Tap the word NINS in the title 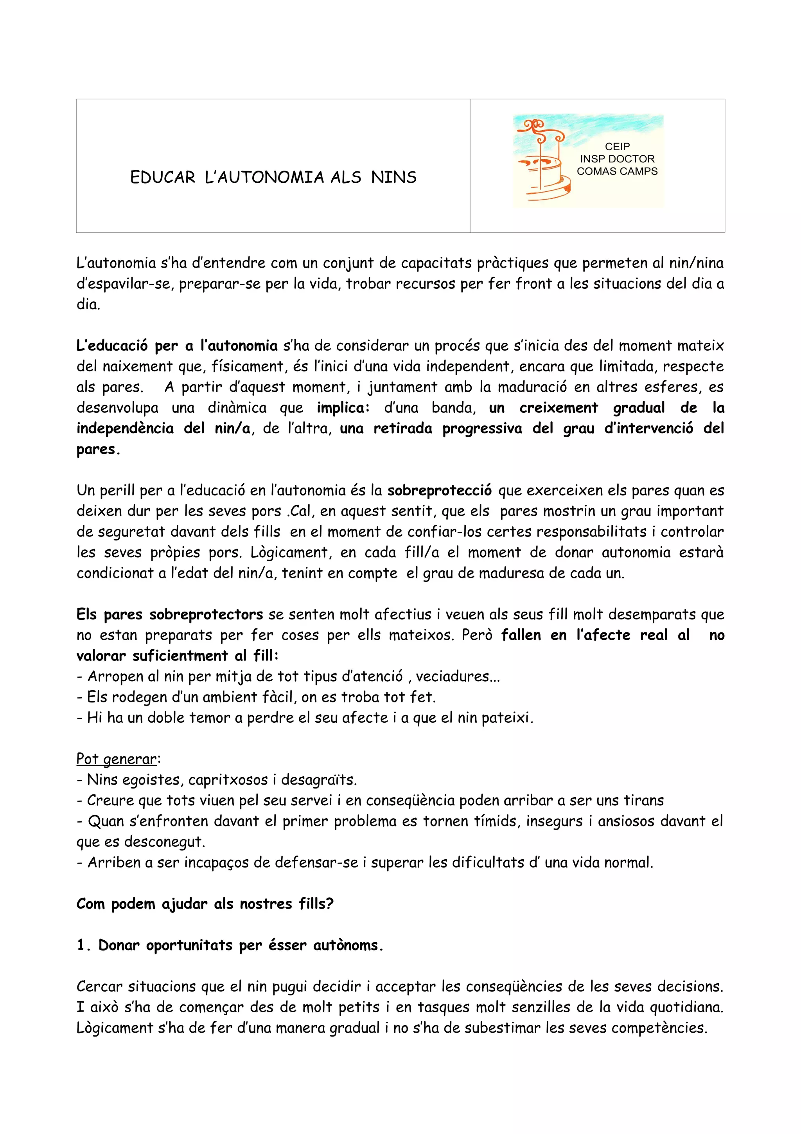(393, 177)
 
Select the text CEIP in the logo (617, 147)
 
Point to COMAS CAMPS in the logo (617, 171)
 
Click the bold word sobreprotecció (439, 490)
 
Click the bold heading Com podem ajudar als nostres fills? (205, 904)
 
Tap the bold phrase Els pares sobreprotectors (169, 614)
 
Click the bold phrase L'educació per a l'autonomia (177, 346)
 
